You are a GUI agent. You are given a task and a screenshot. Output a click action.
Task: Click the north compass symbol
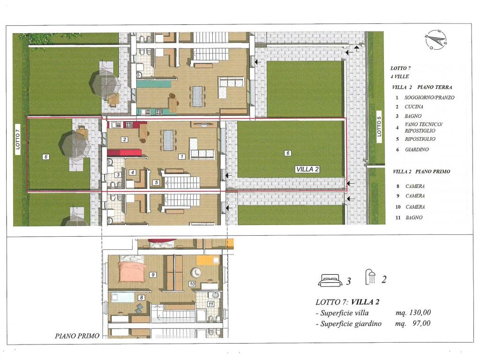click(x=436, y=40)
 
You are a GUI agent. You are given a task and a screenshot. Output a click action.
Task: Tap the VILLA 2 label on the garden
click(x=307, y=169)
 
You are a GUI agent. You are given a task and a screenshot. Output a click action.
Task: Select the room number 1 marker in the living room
click(x=182, y=157)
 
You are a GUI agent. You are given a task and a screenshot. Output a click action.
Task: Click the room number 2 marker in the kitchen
click(x=124, y=139)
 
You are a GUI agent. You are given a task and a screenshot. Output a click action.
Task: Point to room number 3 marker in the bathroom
click(x=118, y=175)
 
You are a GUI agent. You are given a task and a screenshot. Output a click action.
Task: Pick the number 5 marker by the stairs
click(x=156, y=182)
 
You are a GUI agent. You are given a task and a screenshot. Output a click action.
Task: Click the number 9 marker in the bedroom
click(x=153, y=275)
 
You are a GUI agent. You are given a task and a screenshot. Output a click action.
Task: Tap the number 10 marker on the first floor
click(x=192, y=284)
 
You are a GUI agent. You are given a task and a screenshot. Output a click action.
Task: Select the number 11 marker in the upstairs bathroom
click(x=210, y=304)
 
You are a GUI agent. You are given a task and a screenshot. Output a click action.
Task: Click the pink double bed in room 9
click(x=132, y=271)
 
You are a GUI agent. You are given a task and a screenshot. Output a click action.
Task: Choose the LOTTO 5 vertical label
click(x=379, y=127)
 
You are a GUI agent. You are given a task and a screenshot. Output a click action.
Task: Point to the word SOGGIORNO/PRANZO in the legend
click(x=429, y=97)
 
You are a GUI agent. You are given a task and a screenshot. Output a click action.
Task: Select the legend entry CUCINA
click(x=414, y=106)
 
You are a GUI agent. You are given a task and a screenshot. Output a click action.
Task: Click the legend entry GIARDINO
click(x=417, y=150)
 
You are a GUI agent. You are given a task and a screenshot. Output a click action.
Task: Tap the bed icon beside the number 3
click(x=330, y=280)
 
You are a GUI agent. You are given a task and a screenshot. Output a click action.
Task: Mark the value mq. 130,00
click(x=413, y=312)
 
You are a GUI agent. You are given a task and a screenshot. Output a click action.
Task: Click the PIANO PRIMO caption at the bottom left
click(x=77, y=336)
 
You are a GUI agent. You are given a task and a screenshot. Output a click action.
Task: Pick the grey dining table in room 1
click(x=168, y=140)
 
